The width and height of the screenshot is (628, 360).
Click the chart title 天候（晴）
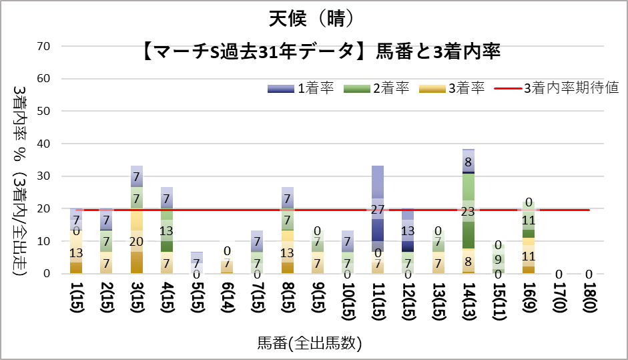314,18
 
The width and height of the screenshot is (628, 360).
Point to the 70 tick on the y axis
44,46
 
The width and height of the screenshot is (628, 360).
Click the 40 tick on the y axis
44,144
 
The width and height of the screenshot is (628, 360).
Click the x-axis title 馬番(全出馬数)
314,344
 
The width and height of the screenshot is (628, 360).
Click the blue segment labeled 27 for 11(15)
378,208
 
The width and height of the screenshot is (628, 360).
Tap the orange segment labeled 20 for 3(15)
137,241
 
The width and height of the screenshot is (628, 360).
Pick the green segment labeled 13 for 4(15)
168,231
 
